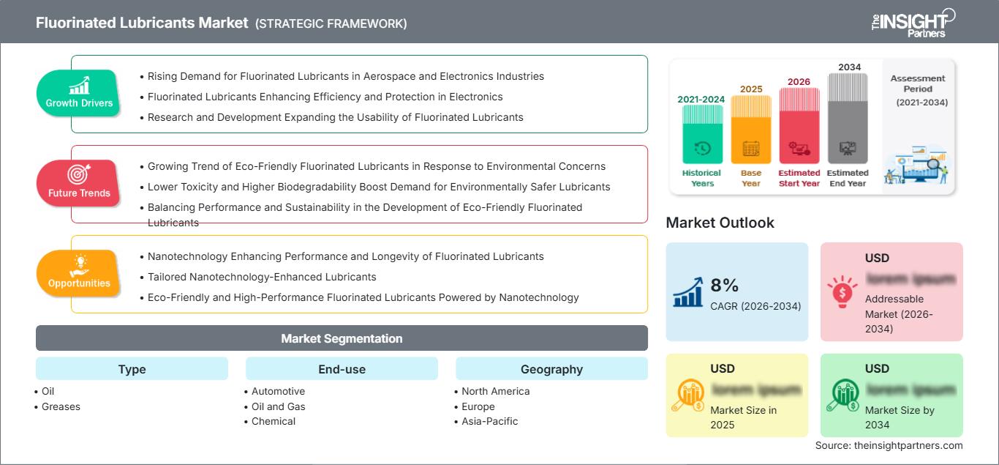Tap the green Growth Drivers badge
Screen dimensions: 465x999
tap(79, 93)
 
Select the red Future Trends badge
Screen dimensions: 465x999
tap(79, 183)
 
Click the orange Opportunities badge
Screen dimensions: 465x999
tap(79, 273)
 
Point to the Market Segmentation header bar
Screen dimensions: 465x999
tap(342, 338)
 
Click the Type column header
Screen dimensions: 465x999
tap(132, 369)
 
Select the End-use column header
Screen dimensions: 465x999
tap(342, 369)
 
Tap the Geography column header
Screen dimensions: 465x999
tap(551, 369)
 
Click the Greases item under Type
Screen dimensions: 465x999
tap(61, 406)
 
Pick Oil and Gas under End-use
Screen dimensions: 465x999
tap(278, 406)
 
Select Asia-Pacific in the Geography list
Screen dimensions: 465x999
tap(489, 421)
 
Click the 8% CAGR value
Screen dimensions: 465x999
tap(725, 285)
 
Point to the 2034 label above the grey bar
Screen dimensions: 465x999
tap(849, 67)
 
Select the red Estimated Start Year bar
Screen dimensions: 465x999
tap(799, 125)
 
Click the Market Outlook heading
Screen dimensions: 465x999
tap(720, 223)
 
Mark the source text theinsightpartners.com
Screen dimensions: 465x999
tap(889, 445)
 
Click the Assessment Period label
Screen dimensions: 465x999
tap(918, 83)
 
